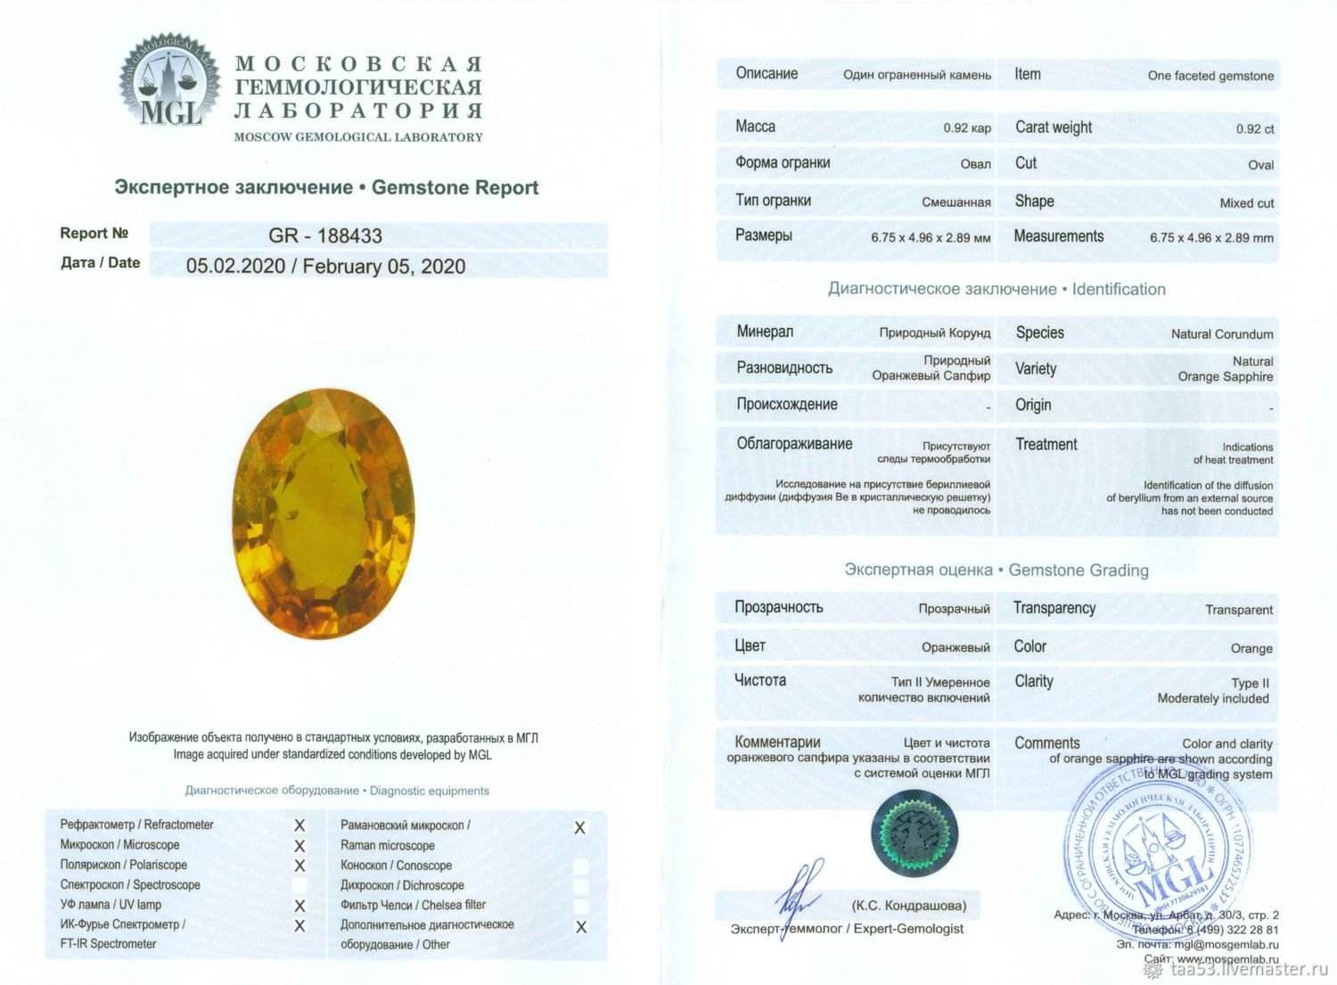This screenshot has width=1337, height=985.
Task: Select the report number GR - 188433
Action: point(325,235)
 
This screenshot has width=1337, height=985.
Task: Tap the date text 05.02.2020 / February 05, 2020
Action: point(325,266)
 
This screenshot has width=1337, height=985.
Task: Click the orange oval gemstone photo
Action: point(324,513)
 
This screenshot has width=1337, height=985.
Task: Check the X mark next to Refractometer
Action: point(299,825)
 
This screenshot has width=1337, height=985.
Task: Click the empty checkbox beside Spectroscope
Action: point(299,885)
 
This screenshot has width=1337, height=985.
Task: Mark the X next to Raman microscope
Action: point(579,828)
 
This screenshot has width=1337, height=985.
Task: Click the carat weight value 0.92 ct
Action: point(1255,129)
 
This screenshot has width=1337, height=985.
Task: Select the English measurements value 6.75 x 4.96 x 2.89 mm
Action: point(1211,238)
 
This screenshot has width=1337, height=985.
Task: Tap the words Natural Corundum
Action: point(1222,334)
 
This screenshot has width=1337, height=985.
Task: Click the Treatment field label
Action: point(1046,444)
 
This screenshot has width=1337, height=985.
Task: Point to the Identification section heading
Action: point(1119,289)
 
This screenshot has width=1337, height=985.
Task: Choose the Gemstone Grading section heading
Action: point(1079,570)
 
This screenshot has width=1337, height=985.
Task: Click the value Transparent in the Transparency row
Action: point(1239,610)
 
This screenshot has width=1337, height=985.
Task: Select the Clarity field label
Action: point(1034,681)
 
